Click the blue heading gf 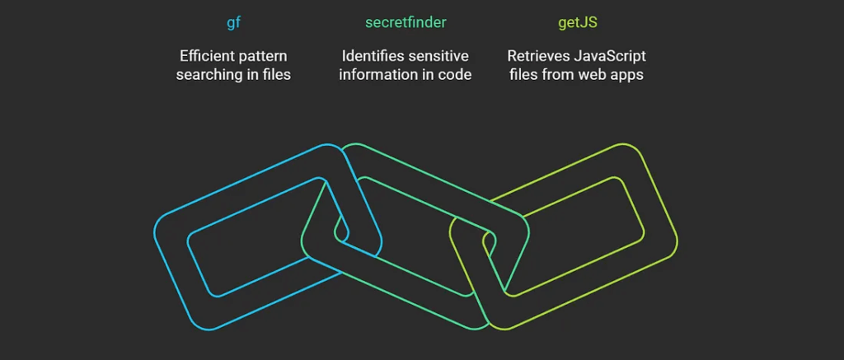(233, 23)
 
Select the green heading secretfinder (406, 23)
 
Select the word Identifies (374, 56)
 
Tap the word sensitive (438, 56)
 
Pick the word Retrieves (537, 56)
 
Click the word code (454, 75)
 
